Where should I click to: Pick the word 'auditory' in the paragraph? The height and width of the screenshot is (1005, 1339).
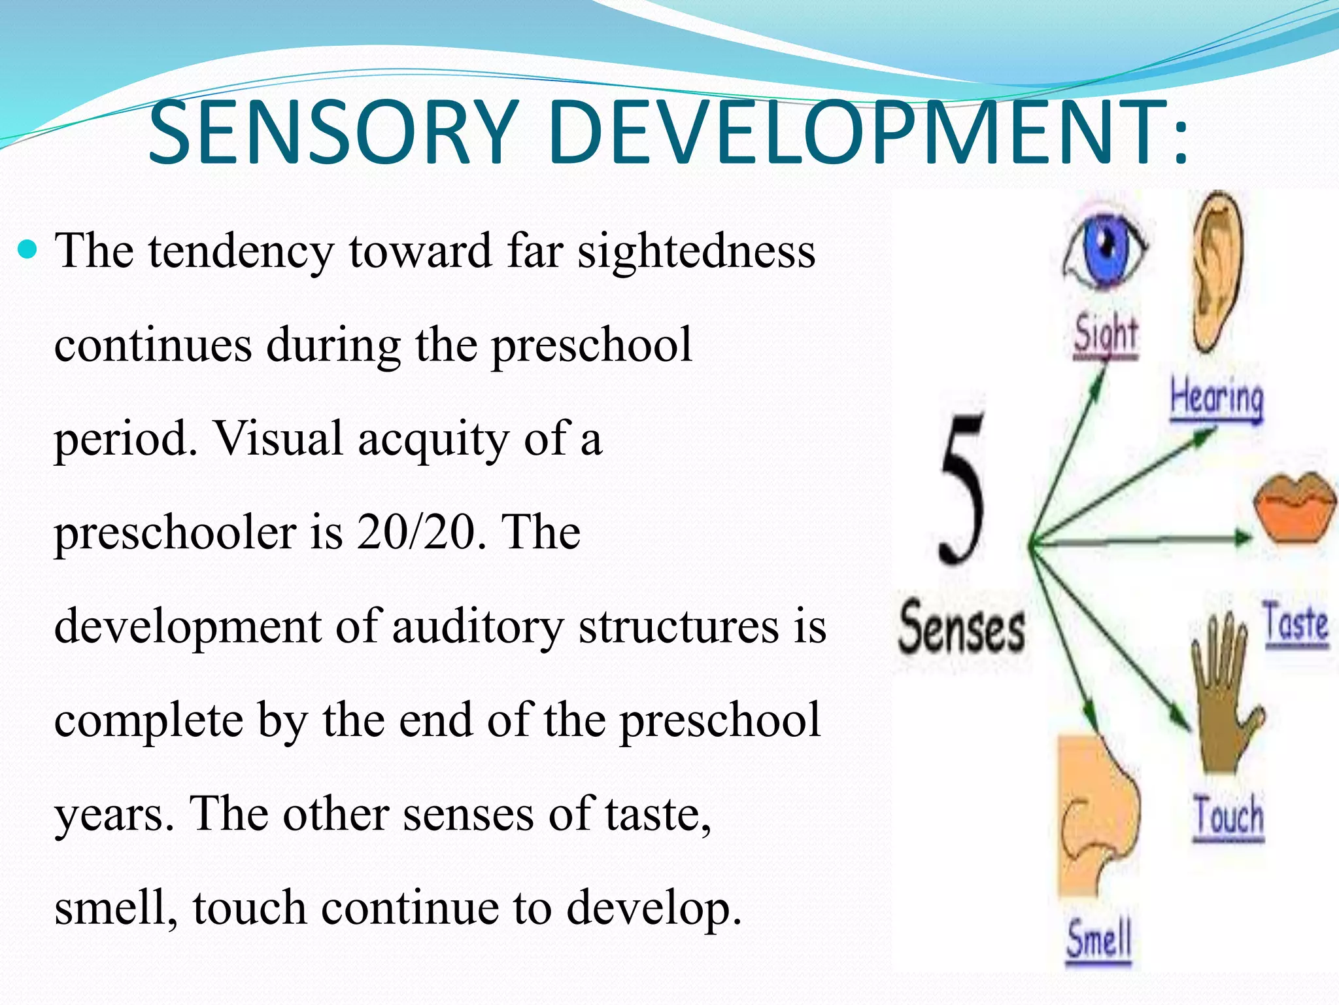[x=477, y=626]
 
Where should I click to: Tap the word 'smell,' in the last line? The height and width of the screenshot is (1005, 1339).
[x=115, y=908]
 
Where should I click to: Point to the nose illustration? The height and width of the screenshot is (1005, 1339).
[x=1098, y=818]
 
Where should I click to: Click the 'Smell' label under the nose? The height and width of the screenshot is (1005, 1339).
[x=1098, y=939]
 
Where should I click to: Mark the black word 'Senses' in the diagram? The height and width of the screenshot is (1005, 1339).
[x=961, y=628]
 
